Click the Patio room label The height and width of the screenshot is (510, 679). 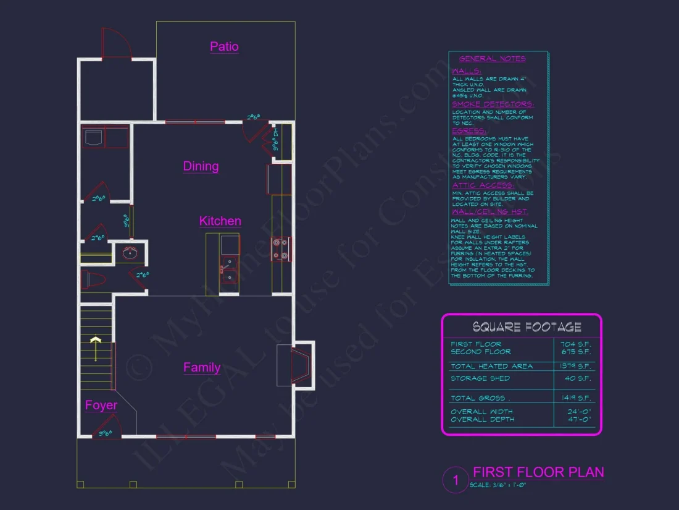click(224, 47)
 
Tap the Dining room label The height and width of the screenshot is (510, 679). click(201, 166)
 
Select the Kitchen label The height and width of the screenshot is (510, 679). click(220, 221)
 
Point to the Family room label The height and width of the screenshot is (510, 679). click(202, 368)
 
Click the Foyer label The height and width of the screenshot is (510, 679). click(101, 406)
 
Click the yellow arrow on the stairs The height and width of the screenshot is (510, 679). click(96, 347)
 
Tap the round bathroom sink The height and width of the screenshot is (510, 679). click(130, 252)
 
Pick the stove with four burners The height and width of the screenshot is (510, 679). click(280, 249)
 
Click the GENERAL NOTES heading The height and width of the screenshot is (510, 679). click(492, 59)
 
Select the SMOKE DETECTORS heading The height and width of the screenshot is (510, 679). click(493, 104)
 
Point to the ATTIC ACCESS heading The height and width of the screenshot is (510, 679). click(483, 185)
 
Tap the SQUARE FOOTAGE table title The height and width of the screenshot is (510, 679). click(527, 327)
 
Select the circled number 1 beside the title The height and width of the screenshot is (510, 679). click(456, 480)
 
